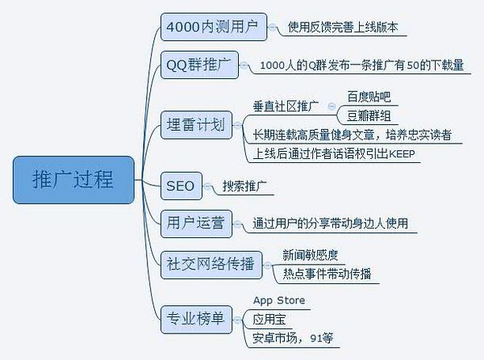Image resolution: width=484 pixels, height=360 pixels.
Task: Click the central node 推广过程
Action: [x=72, y=180]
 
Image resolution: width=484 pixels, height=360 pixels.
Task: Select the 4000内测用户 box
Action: [x=211, y=27]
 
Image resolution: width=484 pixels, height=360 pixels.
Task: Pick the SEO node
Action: [x=180, y=186]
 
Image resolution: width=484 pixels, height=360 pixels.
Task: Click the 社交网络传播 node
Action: [x=210, y=263]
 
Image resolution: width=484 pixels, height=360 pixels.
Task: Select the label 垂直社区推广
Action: [x=286, y=106]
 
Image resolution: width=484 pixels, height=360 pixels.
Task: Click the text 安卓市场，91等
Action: [x=292, y=337]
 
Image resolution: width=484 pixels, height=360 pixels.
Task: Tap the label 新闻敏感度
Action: [x=310, y=255]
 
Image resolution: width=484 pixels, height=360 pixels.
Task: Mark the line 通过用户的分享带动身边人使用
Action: [x=330, y=224]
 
